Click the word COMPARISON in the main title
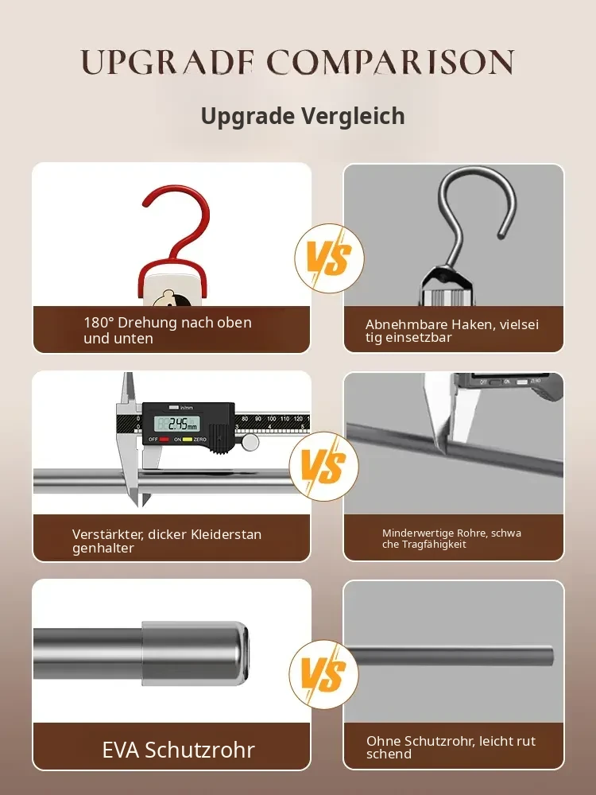pos(390,62)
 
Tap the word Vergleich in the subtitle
pos(354,116)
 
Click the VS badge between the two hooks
pos(330,258)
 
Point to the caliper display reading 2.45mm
pos(177,424)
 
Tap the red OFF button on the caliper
pos(164,439)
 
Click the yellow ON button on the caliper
pos(187,439)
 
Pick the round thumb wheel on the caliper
pos(250,442)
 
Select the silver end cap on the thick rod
pos(195,654)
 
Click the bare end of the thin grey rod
pos(550,656)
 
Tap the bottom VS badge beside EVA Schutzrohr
pos(324,674)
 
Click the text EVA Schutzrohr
pos(178,750)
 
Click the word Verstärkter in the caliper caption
pos(106,534)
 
